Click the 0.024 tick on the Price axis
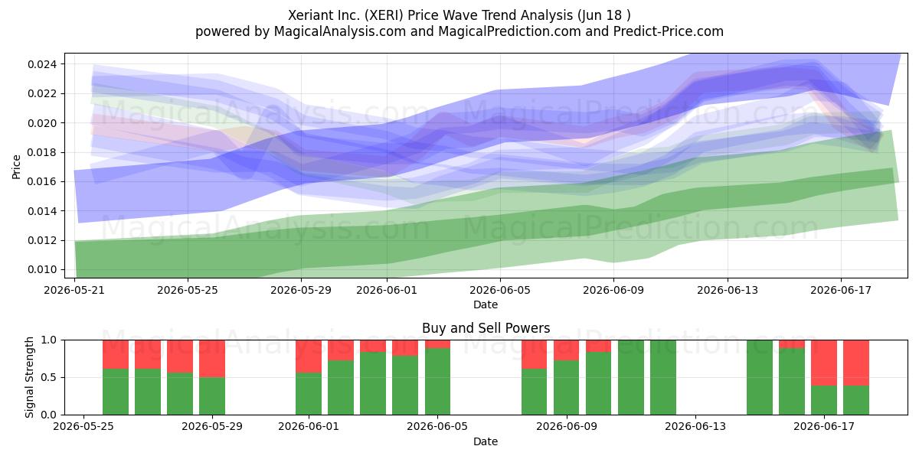pos(43,64)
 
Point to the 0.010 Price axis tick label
pos(43,269)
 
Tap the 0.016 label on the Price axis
pos(43,181)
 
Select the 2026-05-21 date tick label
pos(74,290)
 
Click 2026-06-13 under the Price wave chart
pos(728,290)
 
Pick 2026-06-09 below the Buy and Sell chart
pos(567,426)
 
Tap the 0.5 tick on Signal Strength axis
pos(49,377)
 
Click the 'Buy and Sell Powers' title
pos(486,328)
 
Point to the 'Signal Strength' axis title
pos(29,377)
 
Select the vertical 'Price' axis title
pos(16,167)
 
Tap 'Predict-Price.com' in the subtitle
pos(669,31)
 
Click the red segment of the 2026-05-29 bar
pos(212,359)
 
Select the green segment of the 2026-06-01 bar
pos(309,394)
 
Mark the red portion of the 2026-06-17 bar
pos(824,363)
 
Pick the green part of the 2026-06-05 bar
pos(437,382)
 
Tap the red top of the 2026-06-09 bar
pos(566,350)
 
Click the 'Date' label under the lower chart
pos(486,441)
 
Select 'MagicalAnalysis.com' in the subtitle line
pos(340,31)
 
